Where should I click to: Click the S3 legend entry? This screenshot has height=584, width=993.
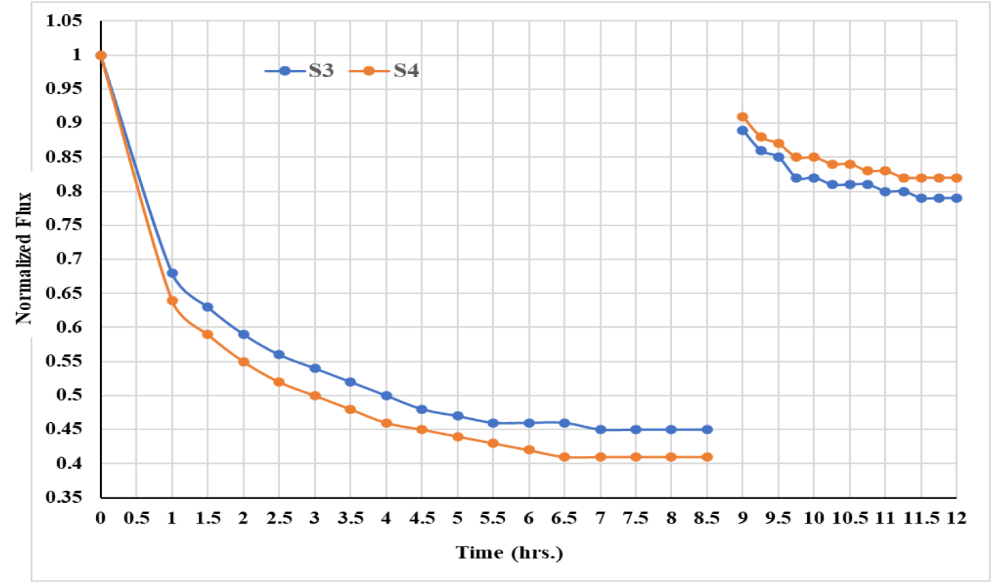300,70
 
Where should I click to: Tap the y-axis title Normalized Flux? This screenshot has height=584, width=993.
23,258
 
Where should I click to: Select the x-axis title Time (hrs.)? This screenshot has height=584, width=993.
509,552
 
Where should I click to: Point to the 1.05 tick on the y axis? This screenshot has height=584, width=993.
64,21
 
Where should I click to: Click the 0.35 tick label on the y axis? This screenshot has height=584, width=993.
64,497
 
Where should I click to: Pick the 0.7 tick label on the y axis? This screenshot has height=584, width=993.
69,259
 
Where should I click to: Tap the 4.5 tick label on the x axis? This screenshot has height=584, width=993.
422,518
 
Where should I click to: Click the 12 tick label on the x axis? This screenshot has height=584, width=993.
956,518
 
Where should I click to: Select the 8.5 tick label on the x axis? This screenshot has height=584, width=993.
706,518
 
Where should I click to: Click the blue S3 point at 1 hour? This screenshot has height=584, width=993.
172,273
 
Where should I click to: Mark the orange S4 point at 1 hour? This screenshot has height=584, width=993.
172,301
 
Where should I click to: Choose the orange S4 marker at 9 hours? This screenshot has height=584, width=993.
743,117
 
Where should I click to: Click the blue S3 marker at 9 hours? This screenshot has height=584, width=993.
743,130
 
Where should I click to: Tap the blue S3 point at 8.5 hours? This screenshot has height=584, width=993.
707,430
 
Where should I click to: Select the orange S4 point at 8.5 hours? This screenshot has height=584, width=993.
707,457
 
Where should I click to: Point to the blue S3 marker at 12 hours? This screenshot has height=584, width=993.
957,198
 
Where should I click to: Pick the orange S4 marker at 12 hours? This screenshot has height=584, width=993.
957,178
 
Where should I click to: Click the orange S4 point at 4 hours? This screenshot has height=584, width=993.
386,423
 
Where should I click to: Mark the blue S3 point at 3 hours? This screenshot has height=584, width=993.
315,369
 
